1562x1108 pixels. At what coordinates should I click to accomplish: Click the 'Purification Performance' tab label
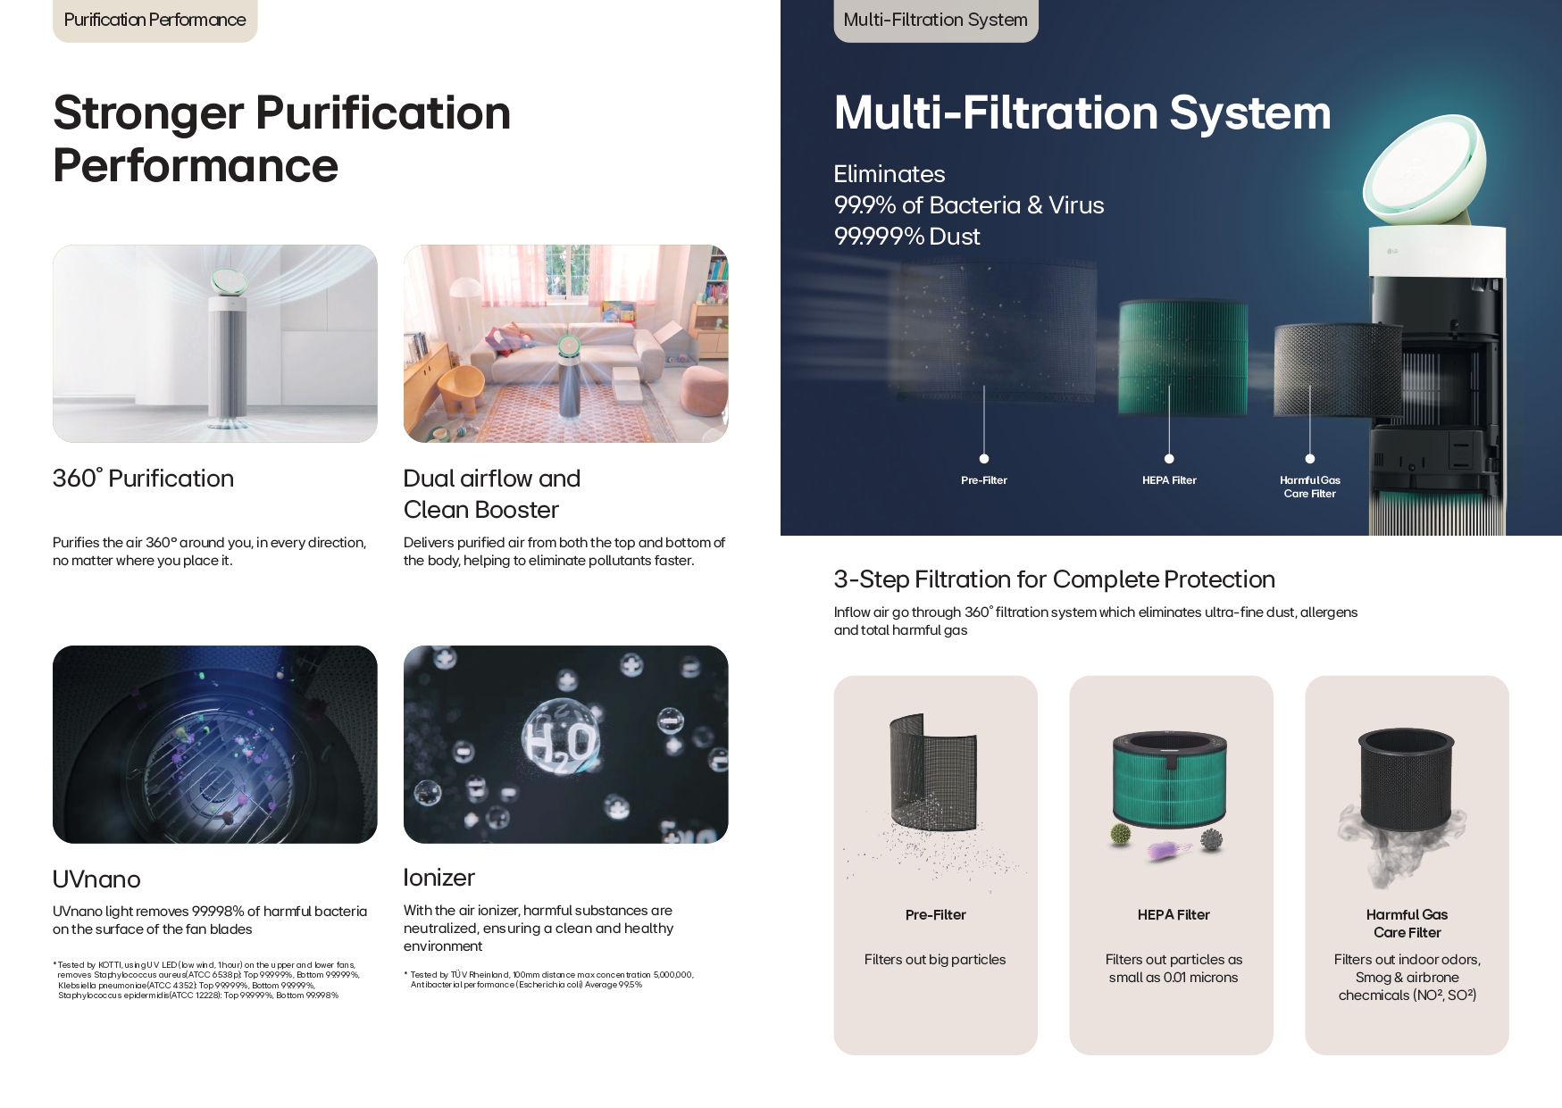[x=155, y=20]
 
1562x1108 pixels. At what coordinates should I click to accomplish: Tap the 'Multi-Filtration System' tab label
[x=935, y=20]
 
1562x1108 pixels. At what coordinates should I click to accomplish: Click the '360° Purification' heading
[x=143, y=479]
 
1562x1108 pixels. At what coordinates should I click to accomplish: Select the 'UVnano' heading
[x=96, y=879]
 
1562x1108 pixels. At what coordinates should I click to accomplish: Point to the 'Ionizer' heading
[x=439, y=878]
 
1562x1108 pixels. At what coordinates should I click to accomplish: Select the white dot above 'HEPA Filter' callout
[x=1169, y=459]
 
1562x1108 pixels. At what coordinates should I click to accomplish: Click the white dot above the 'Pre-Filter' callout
[x=984, y=459]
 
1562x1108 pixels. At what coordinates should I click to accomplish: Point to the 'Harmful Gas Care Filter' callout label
[x=1310, y=487]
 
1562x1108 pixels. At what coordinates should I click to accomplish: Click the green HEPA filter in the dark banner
[x=1182, y=357]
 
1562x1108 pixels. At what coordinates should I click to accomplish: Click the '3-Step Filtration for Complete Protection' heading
[x=1054, y=579]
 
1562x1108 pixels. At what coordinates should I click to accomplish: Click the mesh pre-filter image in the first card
[x=934, y=777]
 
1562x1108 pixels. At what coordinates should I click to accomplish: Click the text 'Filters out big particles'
[x=935, y=960]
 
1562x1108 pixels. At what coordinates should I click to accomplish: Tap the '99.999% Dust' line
[x=906, y=237]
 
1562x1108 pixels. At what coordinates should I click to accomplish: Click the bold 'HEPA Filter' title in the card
[x=1174, y=915]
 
